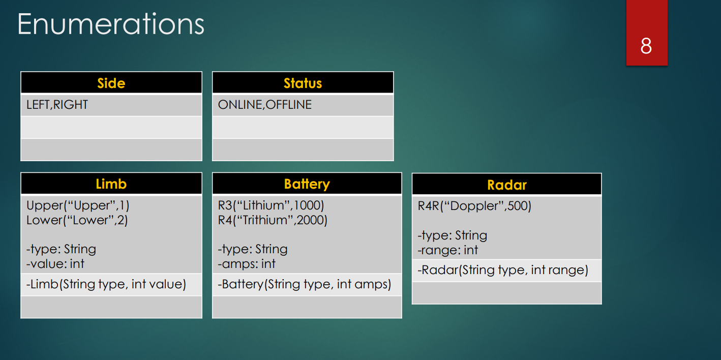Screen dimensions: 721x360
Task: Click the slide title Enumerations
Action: (x=111, y=24)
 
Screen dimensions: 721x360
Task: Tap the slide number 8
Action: (x=646, y=46)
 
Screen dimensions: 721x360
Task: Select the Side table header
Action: (x=111, y=83)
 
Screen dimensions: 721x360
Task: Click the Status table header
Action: (x=303, y=83)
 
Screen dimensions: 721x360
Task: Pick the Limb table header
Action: (x=111, y=184)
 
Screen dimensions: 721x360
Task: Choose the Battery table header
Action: (x=307, y=184)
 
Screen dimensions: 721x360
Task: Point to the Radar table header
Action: (x=506, y=185)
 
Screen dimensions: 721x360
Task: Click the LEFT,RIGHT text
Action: (x=57, y=105)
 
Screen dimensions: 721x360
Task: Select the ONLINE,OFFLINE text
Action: (x=264, y=105)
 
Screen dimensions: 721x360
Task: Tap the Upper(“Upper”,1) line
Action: (x=78, y=205)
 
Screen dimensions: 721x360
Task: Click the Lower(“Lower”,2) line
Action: (x=77, y=220)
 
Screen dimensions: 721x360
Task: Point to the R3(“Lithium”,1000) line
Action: (x=271, y=205)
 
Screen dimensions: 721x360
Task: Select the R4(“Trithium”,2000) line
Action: (x=273, y=220)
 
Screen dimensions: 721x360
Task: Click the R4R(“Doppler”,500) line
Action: (x=474, y=206)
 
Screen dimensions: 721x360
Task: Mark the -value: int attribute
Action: (x=55, y=264)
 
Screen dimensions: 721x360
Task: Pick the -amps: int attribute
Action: (x=247, y=264)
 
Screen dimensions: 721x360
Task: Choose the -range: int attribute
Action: (x=448, y=250)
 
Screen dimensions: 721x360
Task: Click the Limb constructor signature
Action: (x=106, y=284)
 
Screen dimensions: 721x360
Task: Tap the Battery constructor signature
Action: (x=305, y=284)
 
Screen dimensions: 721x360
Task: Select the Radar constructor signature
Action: (x=503, y=270)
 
